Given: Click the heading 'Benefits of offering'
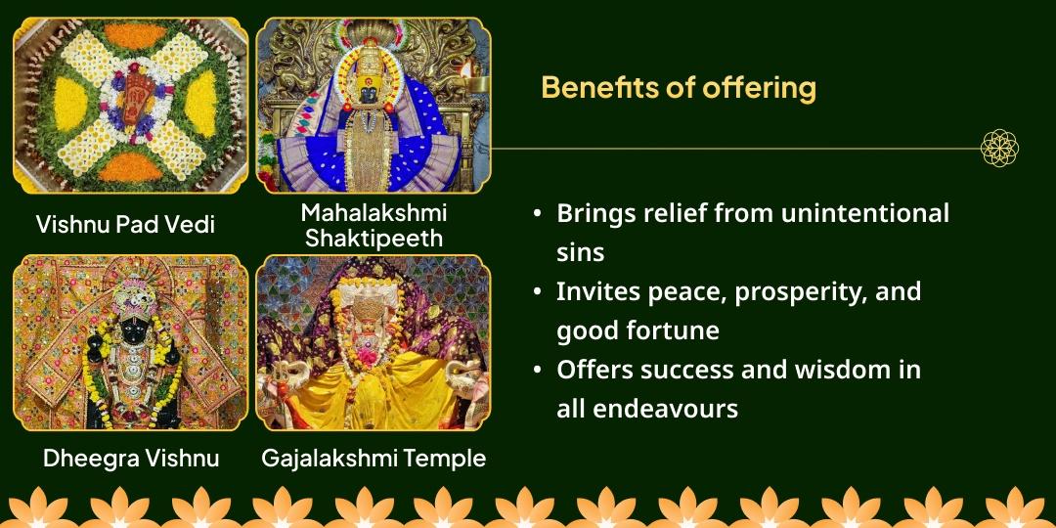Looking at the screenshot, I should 678,87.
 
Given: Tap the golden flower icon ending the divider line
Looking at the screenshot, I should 999,149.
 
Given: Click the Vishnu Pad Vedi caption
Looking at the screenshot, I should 125,224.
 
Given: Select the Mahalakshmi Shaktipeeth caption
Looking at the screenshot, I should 374,225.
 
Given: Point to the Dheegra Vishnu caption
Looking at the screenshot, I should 130,458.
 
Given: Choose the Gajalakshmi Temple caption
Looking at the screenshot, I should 374,458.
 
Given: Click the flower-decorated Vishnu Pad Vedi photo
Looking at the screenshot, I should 130,106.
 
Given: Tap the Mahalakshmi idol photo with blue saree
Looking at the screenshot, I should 374,106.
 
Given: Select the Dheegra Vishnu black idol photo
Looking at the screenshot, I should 130,342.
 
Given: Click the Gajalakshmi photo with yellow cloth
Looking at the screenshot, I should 374,342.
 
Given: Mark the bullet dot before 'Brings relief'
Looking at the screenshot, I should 538,214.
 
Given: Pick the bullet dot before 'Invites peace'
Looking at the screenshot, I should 538,292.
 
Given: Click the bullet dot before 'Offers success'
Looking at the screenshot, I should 538,371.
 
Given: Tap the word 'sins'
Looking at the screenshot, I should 580,252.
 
